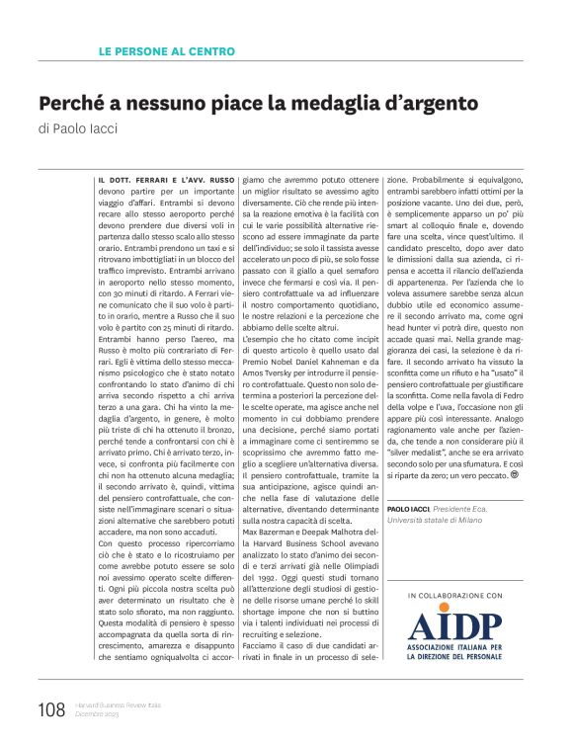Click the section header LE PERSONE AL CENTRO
pyautogui.click(x=167, y=50)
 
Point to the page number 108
pyautogui.click(x=50, y=708)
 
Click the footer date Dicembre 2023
pyautogui.click(x=96, y=714)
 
